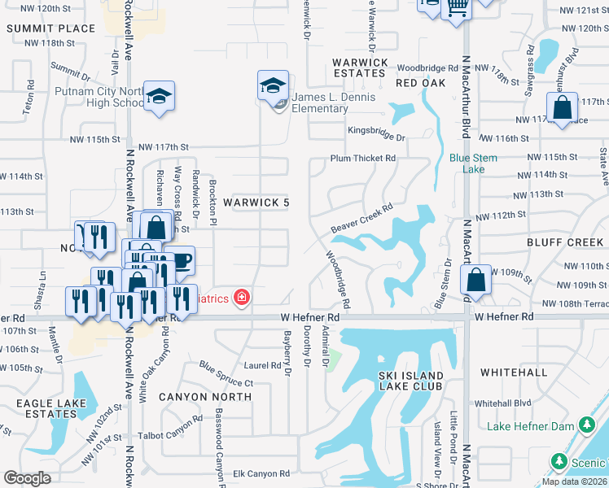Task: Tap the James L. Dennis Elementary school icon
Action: click(274, 85)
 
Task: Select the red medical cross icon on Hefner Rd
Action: click(241, 298)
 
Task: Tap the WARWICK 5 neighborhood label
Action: click(256, 201)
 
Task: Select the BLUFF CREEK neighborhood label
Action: click(564, 242)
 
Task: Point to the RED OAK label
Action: click(420, 84)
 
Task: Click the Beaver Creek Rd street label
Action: click(361, 217)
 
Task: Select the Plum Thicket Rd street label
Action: click(362, 158)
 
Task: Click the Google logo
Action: click(28, 478)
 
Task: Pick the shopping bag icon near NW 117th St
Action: click(562, 107)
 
